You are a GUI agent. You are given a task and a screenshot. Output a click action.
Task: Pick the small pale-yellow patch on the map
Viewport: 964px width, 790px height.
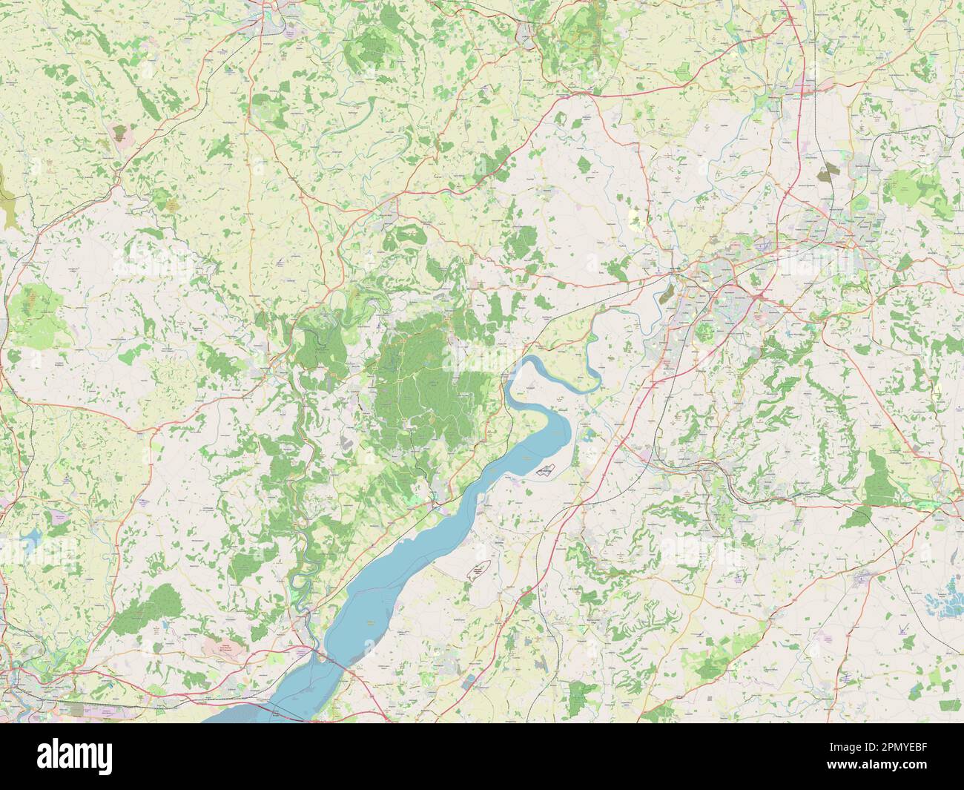pos(635,217)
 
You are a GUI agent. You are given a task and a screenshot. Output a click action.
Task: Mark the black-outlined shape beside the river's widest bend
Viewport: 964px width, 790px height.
pos(547,469)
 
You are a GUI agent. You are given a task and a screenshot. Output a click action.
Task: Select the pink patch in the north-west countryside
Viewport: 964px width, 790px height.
pos(119,134)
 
